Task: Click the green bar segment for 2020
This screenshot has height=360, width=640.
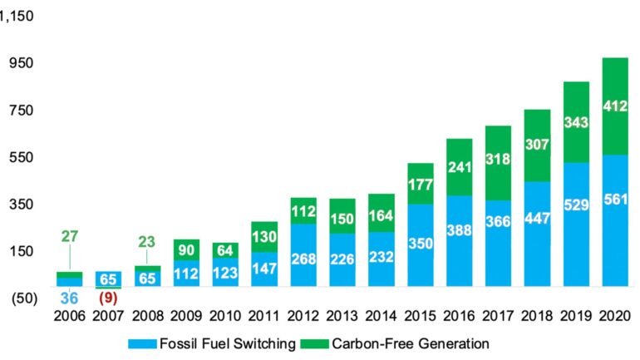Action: point(614,106)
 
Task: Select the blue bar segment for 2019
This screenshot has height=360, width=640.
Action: point(576,224)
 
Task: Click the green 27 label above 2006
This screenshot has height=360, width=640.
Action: point(70,236)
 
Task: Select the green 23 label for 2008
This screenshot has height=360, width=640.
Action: point(146,243)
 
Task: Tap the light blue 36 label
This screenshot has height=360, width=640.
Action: point(70,298)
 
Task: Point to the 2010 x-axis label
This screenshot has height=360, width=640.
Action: point(225,318)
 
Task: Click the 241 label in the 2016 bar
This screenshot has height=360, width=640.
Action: point(459,166)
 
